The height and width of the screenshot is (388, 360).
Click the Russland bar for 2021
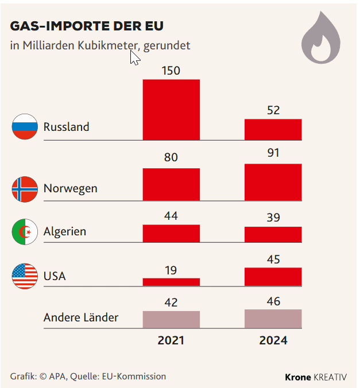[x=171, y=109]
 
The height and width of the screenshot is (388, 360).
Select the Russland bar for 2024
[x=273, y=129]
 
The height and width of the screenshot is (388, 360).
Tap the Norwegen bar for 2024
[x=273, y=182]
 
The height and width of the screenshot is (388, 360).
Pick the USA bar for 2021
[x=171, y=282]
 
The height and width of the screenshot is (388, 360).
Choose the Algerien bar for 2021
[x=171, y=233]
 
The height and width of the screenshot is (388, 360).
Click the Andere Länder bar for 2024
[x=273, y=319]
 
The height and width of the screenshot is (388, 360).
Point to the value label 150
[x=171, y=71]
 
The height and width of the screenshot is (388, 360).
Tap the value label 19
[x=171, y=270]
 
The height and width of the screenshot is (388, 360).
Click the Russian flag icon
[x=25, y=127]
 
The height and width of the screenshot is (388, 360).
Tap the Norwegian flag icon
[x=25, y=188]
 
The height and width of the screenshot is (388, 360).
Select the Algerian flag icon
[x=25, y=232]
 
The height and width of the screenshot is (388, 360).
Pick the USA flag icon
[x=25, y=276]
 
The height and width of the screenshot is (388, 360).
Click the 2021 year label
[x=171, y=340]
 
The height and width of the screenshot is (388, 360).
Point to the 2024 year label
[x=273, y=340]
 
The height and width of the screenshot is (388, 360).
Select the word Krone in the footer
[x=298, y=377]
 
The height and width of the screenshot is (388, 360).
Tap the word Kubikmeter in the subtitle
[x=109, y=45]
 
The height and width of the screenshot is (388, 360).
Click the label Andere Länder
[x=81, y=317]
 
